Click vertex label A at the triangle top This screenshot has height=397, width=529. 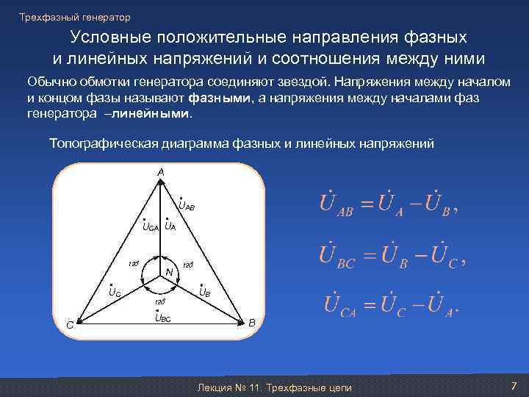click(160, 171)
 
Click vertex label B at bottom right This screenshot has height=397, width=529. click(251, 323)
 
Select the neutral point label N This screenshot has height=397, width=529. click(169, 273)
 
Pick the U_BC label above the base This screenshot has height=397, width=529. click(162, 318)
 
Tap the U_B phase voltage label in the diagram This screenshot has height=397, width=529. click(205, 292)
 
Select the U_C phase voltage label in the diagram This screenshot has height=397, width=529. click(115, 292)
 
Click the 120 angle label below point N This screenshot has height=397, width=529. click(158, 301)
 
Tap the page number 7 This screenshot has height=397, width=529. click(514, 386)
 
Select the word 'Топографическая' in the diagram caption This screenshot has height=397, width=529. click(93, 144)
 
